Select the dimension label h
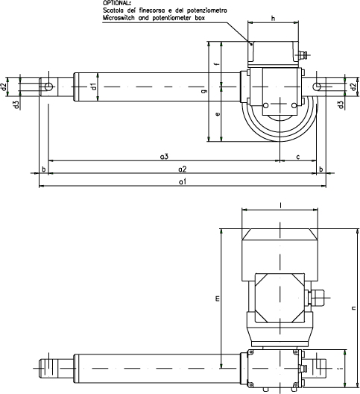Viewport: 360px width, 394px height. (x=273, y=19)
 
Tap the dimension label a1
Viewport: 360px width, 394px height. (x=183, y=181)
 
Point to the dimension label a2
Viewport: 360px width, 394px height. (x=183, y=169)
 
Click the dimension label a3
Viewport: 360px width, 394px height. (x=164, y=157)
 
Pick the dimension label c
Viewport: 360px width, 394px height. (x=298, y=157)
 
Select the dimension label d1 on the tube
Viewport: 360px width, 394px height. (x=94, y=87)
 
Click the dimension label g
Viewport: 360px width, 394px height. (x=206, y=91)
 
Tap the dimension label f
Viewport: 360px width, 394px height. (x=218, y=63)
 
